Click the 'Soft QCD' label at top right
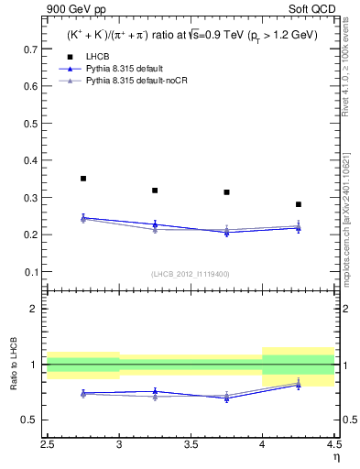tap(311, 10)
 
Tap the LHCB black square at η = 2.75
tap(83, 179)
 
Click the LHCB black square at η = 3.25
tap(155, 191)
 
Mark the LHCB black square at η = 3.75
tap(226, 192)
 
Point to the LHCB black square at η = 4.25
tap(299, 204)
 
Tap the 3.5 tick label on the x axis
tap(191, 444)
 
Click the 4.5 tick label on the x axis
tap(333, 444)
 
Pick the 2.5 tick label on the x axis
tap(48, 444)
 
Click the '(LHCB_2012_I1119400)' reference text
tap(191, 274)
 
